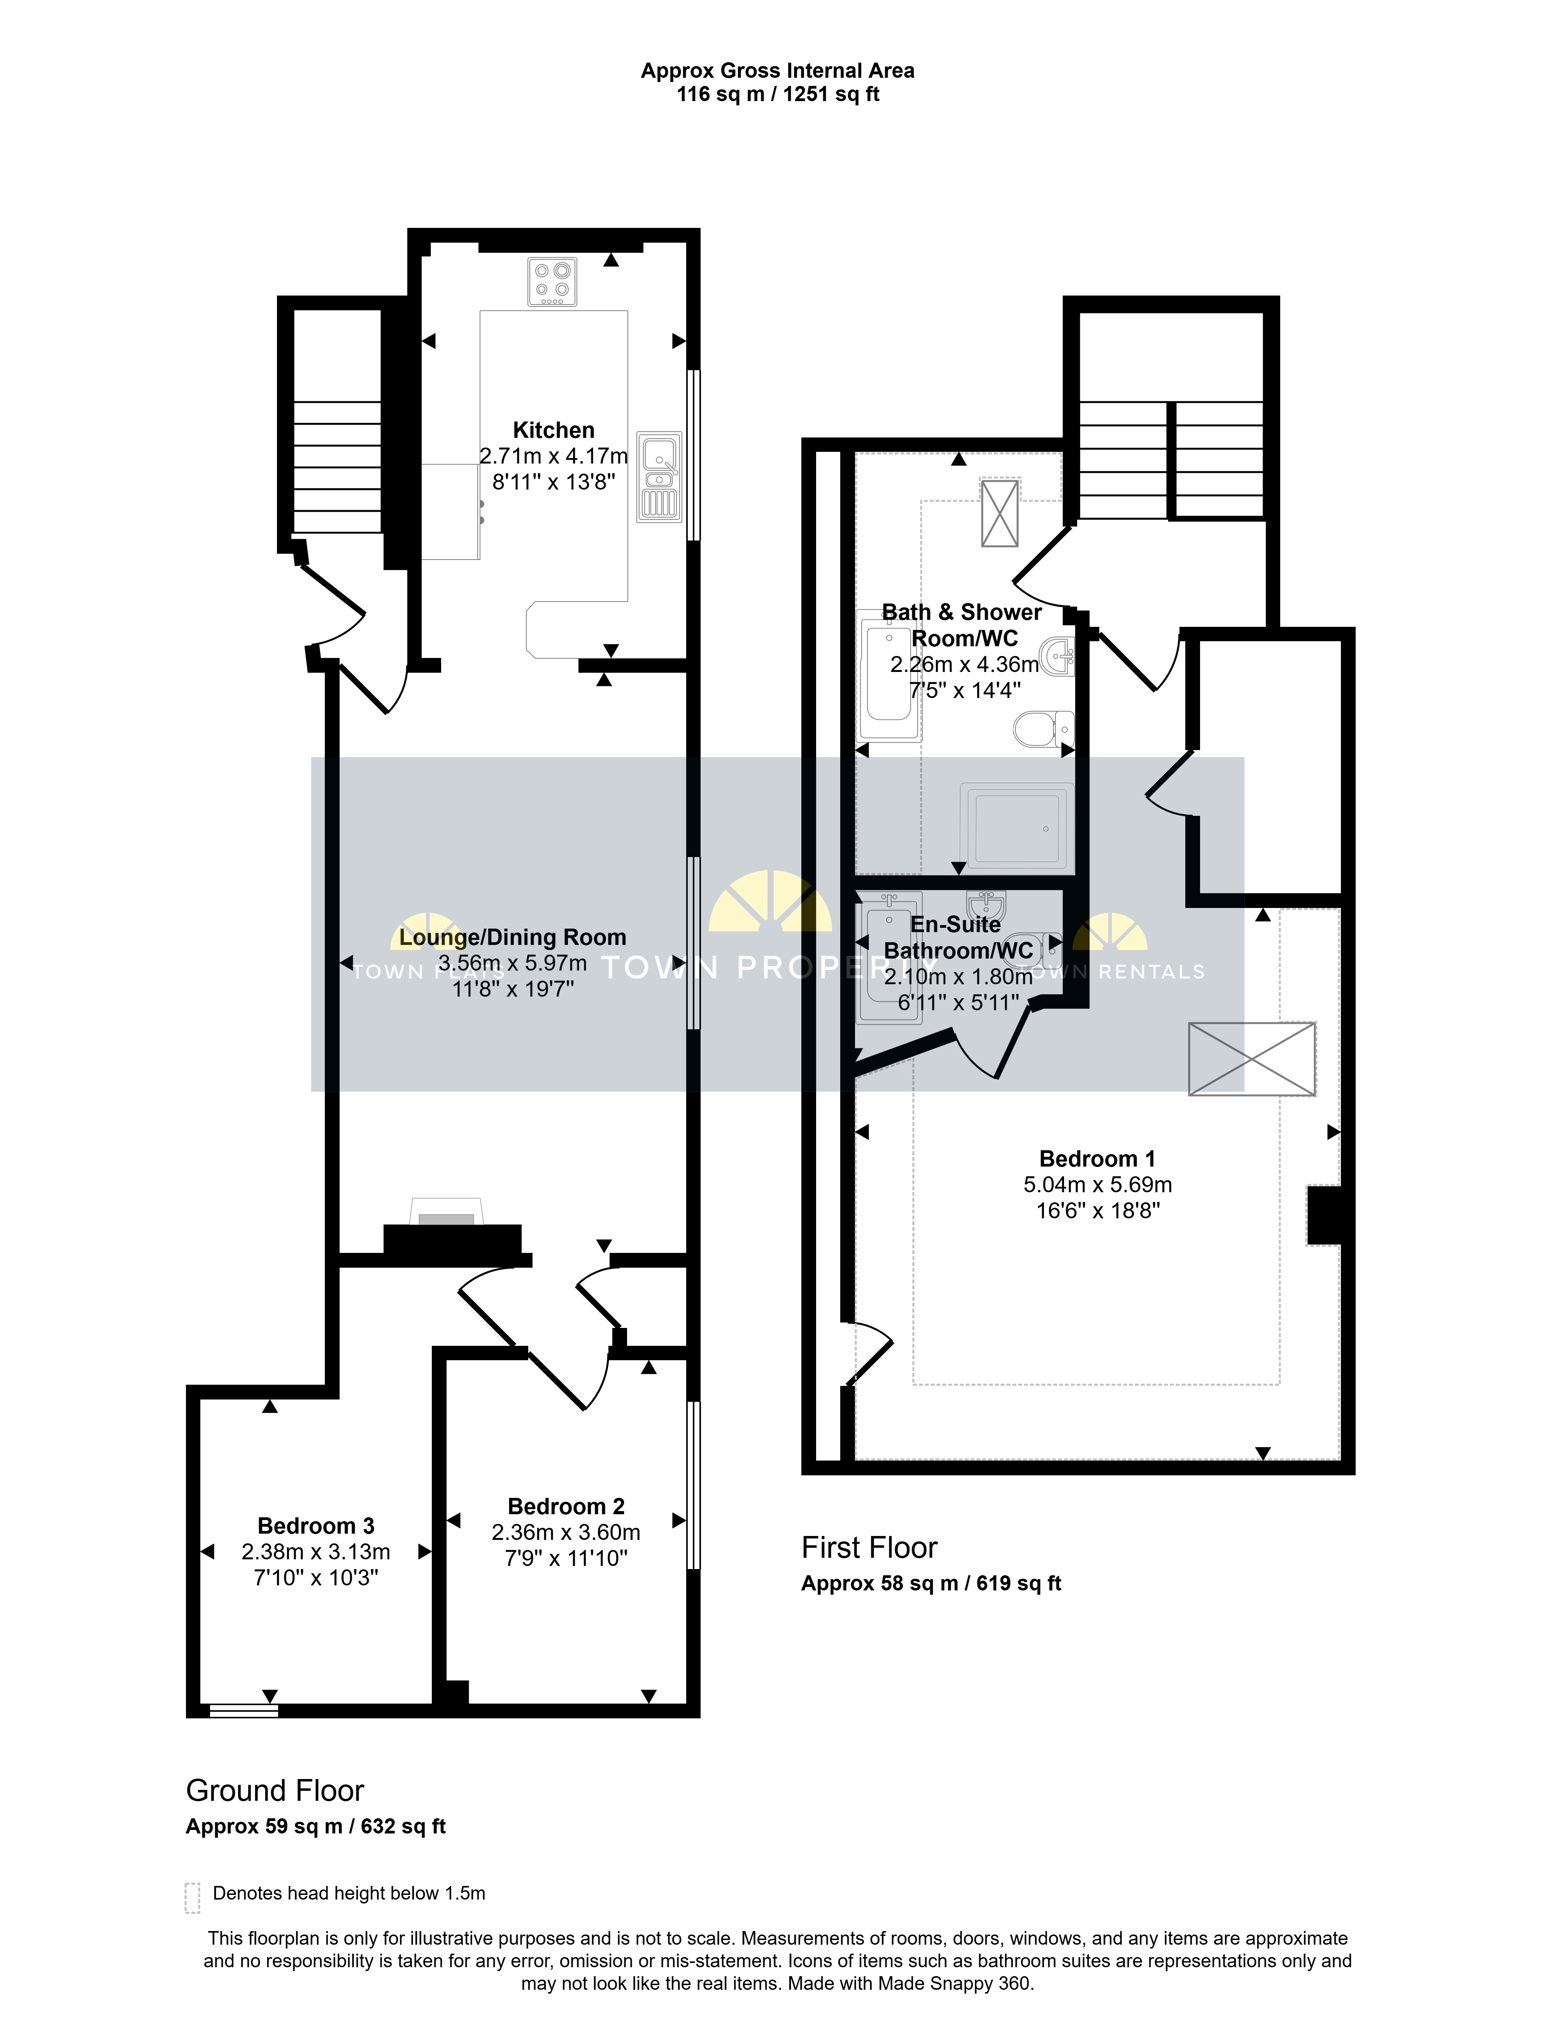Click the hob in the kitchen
coord(552,282)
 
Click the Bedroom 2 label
coord(566,1506)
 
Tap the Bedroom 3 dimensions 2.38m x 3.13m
coord(316,1552)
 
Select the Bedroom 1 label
coord(1097,1159)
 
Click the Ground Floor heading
coord(275,1791)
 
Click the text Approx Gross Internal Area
coord(778,70)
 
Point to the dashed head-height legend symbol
coord(193,1897)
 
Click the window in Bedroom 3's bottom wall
coord(244,1711)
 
